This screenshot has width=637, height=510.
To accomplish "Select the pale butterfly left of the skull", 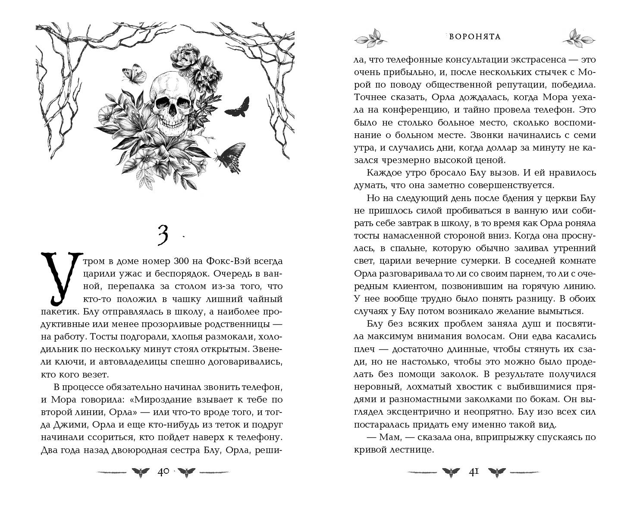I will pyautogui.click(x=132, y=73).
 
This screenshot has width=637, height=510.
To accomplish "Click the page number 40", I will pyautogui.click(x=163, y=472).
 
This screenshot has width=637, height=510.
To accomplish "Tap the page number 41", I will pyautogui.click(x=474, y=472).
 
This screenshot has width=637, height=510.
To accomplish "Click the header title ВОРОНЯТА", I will pyautogui.click(x=475, y=37).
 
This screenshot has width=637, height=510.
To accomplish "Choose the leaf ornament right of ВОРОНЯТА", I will pyautogui.click(x=577, y=37).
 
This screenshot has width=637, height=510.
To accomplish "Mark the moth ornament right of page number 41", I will pyautogui.click(x=497, y=472).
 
